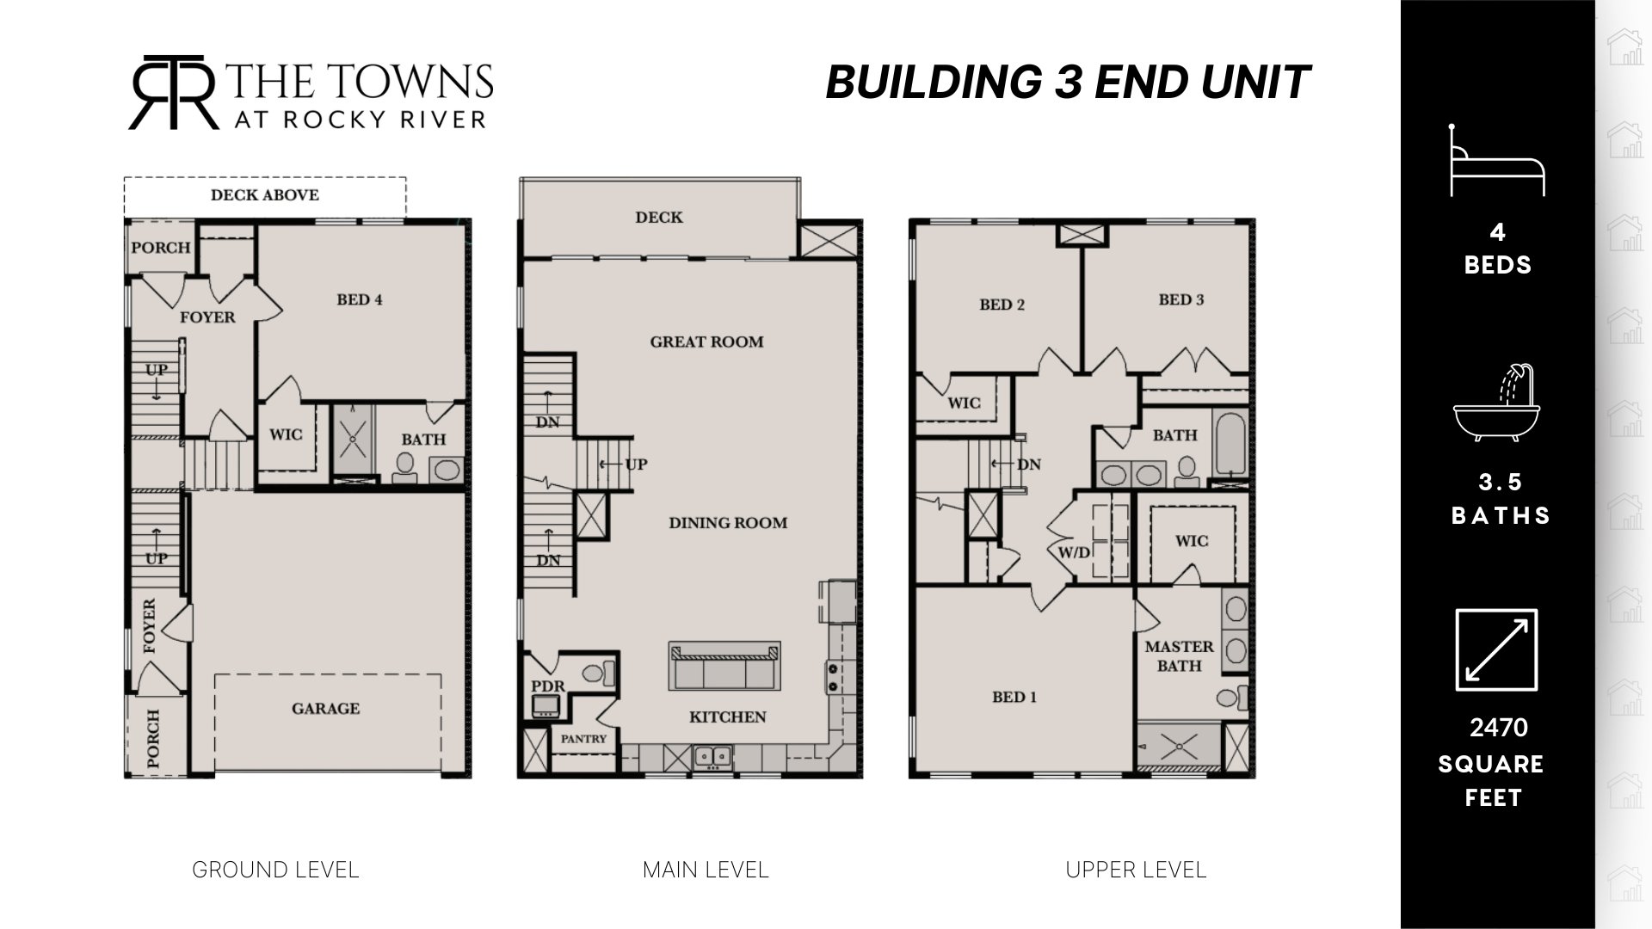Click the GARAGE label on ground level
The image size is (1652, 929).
[x=325, y=709]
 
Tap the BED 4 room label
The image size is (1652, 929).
[x=360, y=299]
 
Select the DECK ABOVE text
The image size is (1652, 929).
[x=265, y=195]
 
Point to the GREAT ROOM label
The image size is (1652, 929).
[x=706, y=341]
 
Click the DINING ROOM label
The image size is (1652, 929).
[x=728, y=522]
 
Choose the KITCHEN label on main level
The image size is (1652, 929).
[x=728, y=717]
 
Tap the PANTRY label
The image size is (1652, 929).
[x=583, y=739]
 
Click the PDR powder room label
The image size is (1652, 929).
[x=548, y=686]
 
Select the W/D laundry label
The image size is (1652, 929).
[x=1074, y=552]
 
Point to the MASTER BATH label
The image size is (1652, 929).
[x=1179, y=655]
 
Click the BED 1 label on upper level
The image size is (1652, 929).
[x=1014, y=697]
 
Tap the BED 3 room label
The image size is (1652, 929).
[x=1181, y=299]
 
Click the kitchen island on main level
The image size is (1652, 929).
[x=724, y=666]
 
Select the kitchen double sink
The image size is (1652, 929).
[x=713, y=756]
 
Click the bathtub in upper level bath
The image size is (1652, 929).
[x=1230, y=443]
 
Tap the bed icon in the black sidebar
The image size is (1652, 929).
[x=1497, y=161]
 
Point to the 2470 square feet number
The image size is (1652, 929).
[x=1499, y=728]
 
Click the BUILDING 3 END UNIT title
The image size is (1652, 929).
[x=1068, y=83]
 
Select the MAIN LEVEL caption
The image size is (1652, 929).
[x=706, y=870]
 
